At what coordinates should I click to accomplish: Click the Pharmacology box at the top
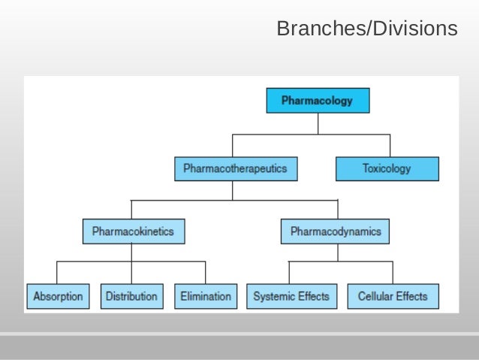click(x=318, y=101)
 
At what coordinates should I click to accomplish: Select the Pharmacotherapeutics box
click(x=235, y=168)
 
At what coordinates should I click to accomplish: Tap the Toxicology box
click(x=387, y=168)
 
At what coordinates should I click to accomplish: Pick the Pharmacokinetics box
click(x=133, y=231)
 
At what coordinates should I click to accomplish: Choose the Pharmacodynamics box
click(x=336, y=231)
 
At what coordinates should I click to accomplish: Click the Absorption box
click(x=58, y=296)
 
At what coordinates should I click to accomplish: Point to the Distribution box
click(x=131, y=296)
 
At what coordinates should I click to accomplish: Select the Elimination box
click(x=206, y=296)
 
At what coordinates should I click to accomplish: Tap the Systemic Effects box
click(x=291, y=296)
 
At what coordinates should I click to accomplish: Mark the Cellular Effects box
click(x=393, y=296)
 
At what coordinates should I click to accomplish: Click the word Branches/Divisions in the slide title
click(x=366, y=29)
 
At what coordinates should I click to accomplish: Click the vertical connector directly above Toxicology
click(x=390, y=146)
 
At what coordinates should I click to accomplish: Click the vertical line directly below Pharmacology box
click(x=318, y=123)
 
